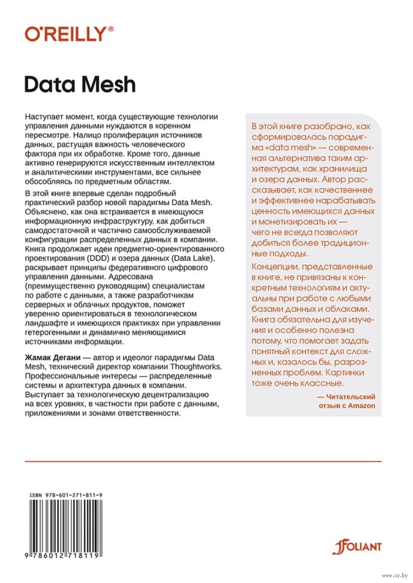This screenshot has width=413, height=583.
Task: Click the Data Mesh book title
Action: [x=80, y=84]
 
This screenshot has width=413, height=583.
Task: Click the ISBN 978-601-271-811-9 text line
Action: [x=66, y=496]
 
